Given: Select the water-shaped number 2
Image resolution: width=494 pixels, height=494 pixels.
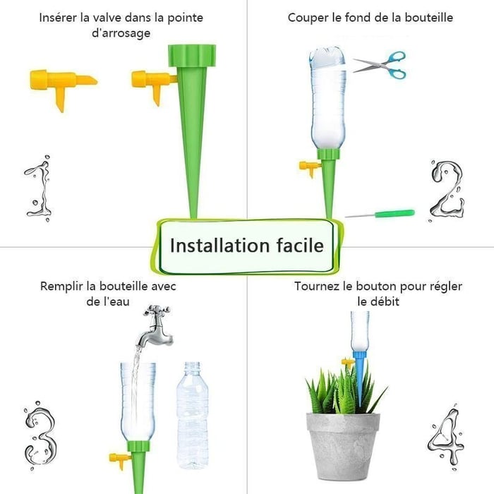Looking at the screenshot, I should point(447,192).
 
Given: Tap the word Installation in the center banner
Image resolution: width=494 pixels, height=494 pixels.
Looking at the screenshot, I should point(215,245).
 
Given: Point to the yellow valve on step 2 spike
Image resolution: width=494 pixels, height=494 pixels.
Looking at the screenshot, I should point(309,169).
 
